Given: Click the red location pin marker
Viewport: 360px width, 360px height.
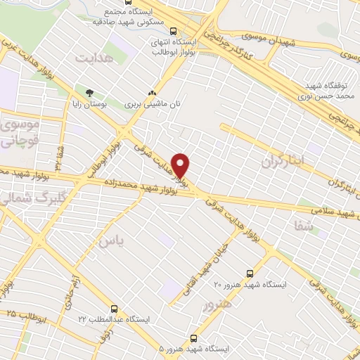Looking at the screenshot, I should pos(181,165).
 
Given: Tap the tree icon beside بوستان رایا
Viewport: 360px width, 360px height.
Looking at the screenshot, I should pos(89,92).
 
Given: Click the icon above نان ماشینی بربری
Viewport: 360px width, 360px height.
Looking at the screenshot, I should pos(152,93).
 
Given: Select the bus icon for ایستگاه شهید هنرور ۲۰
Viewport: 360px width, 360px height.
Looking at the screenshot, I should pos(250,274).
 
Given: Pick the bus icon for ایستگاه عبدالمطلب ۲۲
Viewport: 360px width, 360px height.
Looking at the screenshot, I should pos(115,308).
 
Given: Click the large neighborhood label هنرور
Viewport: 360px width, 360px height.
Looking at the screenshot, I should pos(217,305).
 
